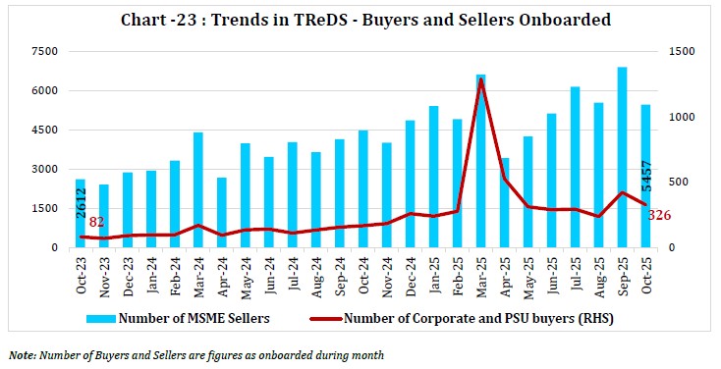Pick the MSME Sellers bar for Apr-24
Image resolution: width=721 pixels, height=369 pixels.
coord(222,213)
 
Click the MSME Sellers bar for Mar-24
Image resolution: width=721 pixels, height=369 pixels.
coord(198,189)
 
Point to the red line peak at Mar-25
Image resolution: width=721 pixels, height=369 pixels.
coord(481,79)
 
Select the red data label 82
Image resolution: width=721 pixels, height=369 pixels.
coord(96,223)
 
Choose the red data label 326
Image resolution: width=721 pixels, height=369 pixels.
coord(659,215)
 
